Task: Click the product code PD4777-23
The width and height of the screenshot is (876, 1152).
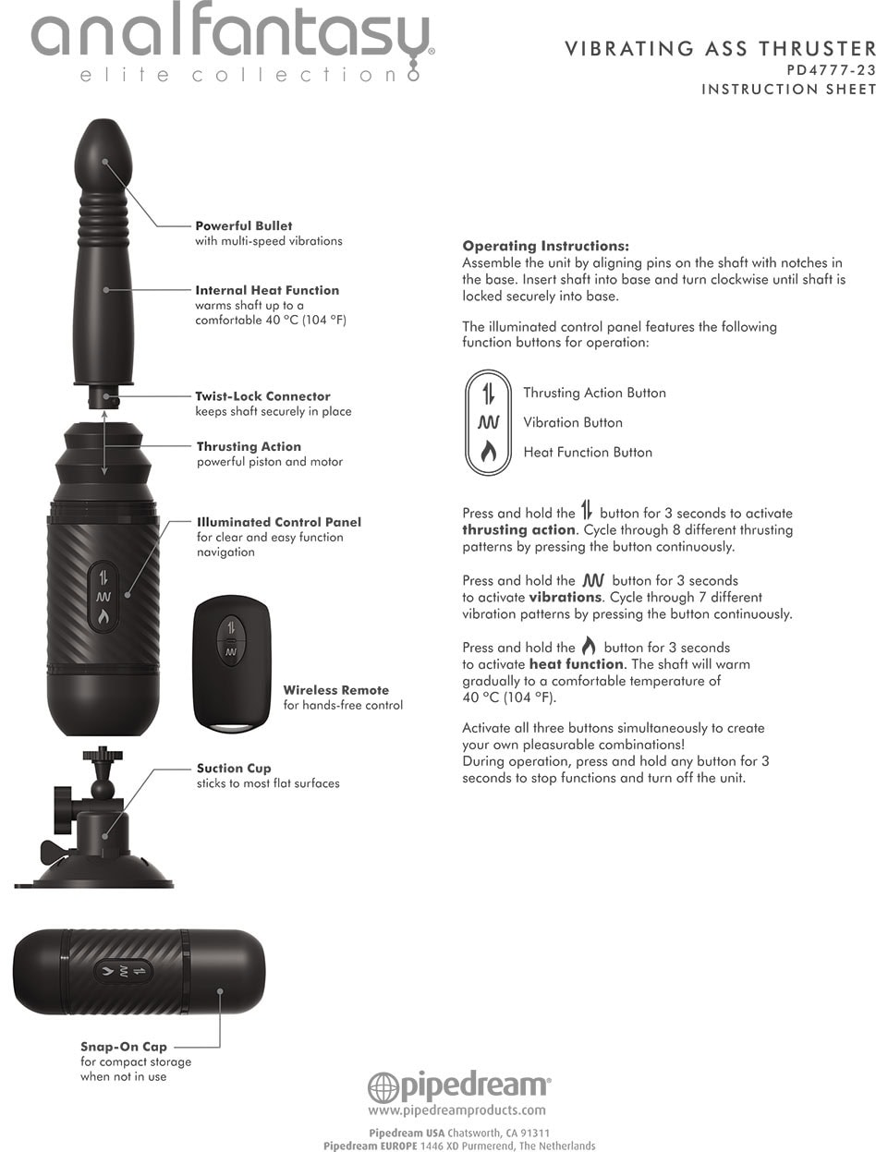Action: [831, 70]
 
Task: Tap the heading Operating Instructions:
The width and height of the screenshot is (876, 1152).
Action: [545, 246]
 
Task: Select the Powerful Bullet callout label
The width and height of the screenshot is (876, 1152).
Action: [244, 225]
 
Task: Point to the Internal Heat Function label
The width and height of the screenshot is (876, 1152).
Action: [267, 290]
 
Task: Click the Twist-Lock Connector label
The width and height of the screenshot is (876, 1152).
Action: [263, 396]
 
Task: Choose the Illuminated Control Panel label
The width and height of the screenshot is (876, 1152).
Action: [279, 522]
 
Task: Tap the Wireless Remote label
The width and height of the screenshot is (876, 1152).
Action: [336, 690]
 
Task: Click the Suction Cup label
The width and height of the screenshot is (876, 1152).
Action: [234, 769]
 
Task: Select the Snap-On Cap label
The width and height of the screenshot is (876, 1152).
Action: [124, 1047]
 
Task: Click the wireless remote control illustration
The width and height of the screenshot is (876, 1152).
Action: [232, 662]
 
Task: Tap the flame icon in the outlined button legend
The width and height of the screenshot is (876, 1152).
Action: [488, 451]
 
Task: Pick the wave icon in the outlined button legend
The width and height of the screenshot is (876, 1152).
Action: [488, 422]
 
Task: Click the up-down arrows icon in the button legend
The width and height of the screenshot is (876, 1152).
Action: [488, 394]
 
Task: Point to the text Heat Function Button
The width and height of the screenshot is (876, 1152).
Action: [588, 453]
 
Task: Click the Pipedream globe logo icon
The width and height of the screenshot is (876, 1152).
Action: [383, 1087]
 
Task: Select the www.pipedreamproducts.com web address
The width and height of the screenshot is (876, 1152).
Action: [456, 1110]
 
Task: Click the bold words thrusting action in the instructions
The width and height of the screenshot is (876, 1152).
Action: [518, 530]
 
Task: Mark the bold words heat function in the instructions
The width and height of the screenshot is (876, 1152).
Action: [576, 664]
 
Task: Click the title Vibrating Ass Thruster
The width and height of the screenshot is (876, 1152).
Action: [720, 49]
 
